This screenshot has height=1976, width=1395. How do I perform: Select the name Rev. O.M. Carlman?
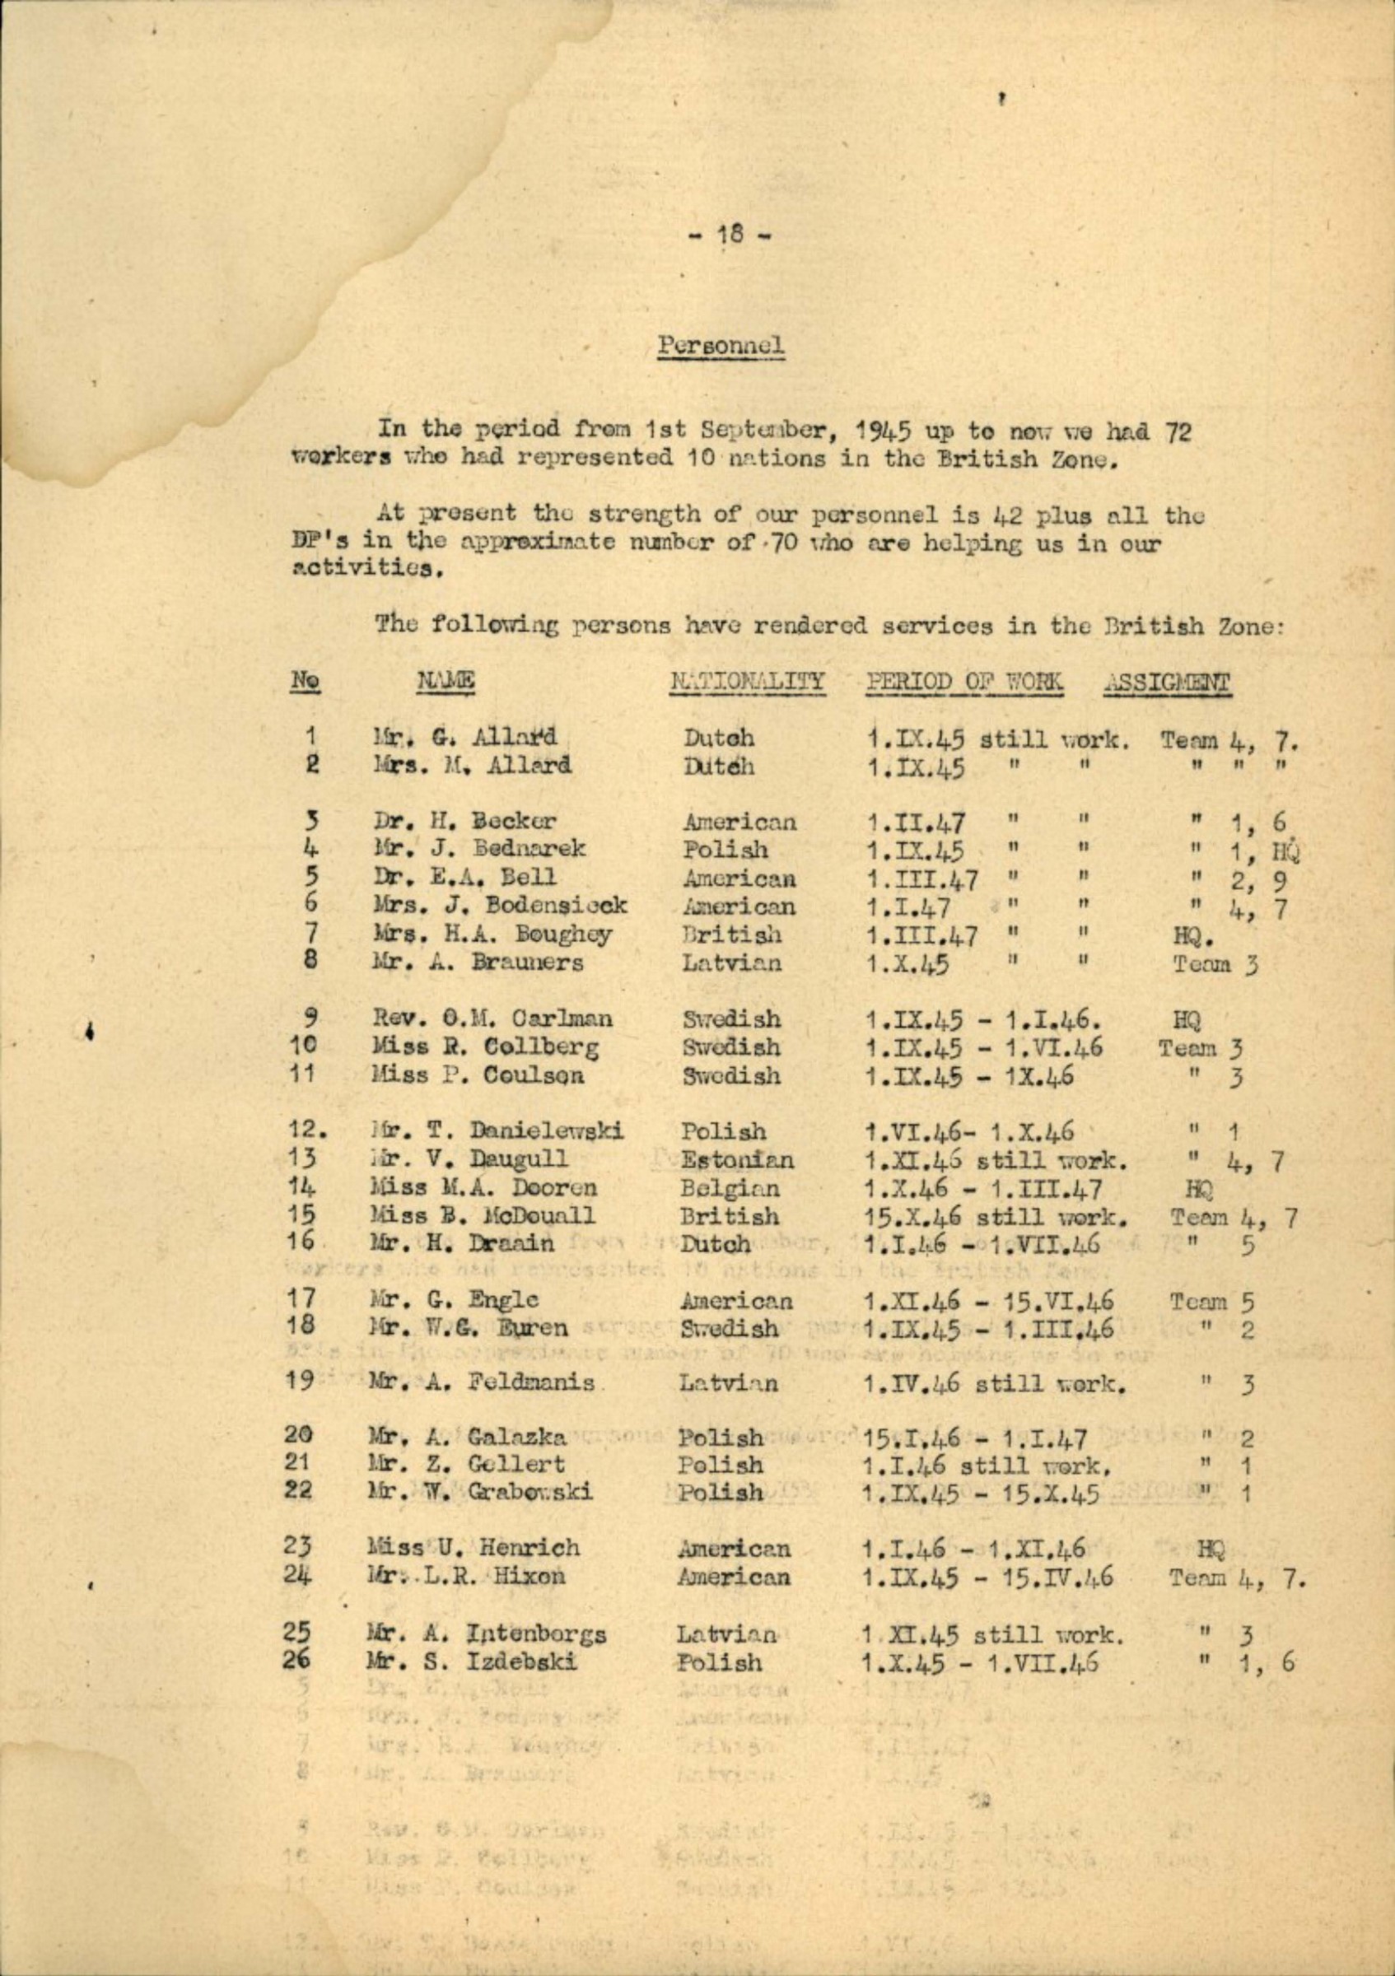[492, 1020]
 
